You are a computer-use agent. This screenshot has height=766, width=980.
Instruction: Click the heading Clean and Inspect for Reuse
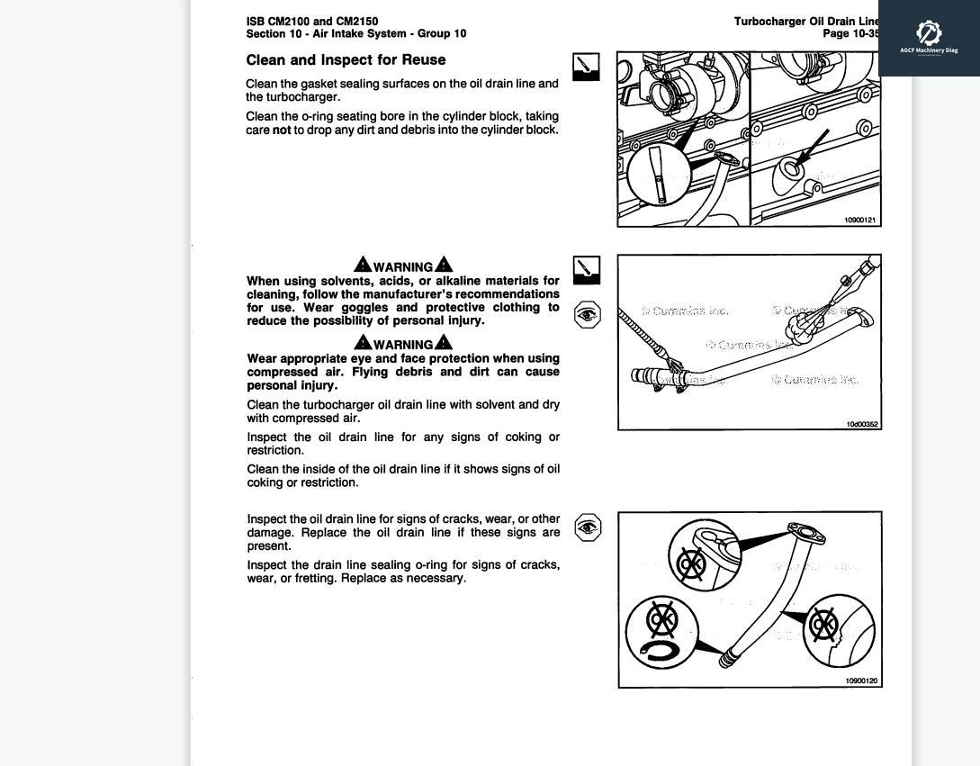click(346, 60)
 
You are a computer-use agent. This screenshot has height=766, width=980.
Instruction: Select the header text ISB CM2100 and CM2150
click(311, 21)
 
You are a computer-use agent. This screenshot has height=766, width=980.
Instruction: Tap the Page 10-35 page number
click(850, 33)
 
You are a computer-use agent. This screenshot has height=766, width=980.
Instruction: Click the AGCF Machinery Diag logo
click(929, 37)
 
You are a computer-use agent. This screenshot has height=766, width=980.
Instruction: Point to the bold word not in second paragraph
click(282, 130)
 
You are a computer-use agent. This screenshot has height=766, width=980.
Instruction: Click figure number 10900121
click(859, 220)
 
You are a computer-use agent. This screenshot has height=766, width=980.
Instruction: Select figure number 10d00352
click(862, 424)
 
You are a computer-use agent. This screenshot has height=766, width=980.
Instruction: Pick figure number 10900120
click(861, 680)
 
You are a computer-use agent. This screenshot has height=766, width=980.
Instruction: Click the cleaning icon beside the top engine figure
click(586, 67)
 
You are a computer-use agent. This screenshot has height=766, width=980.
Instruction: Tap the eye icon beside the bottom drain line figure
click(588, 527)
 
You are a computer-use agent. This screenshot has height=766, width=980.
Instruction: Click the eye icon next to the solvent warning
click(587, 314)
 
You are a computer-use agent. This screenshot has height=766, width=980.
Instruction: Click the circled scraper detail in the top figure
click(659, 175)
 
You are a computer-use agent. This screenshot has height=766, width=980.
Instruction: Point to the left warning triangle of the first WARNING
click(363, 265)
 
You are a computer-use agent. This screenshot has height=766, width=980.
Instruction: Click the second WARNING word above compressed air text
click(403, 344)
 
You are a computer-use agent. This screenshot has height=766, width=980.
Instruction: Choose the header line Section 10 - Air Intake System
click(355, 33)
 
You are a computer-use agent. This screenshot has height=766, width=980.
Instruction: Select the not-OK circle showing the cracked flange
click(705, 554)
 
